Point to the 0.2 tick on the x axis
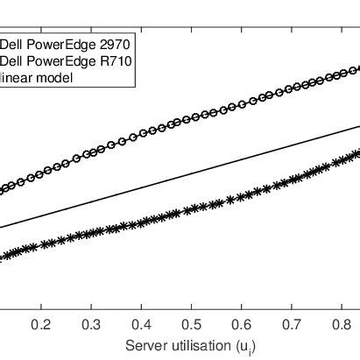click(x=40, y=324)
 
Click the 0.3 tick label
click(x=92, y=324)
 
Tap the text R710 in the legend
click(x=109, y=60)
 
